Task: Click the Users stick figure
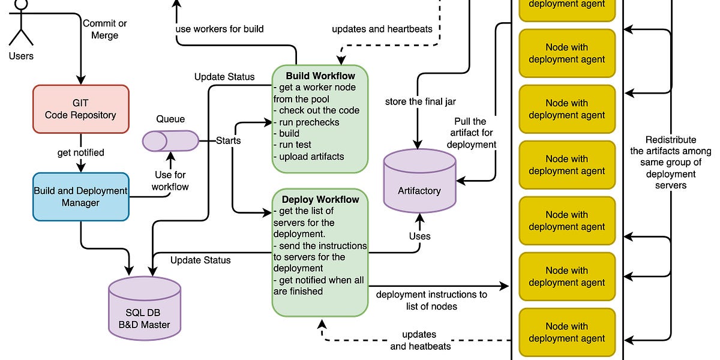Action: pos(22,24)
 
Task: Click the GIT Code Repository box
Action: pos(80,108)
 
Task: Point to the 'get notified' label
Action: pos(80,152)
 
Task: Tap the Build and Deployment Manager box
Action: pos(80,197)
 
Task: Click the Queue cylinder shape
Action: pos(170,141)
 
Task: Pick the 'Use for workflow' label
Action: pos(171,181)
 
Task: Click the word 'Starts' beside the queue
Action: pos(229,141)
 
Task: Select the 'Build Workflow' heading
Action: pos(320,76)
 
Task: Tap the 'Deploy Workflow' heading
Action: pos(320,200)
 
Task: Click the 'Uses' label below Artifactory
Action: pos(419,236)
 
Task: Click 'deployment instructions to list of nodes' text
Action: pos(431,300)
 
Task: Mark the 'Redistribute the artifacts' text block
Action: pos(671,162)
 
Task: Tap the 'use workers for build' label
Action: pos(219,29)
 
